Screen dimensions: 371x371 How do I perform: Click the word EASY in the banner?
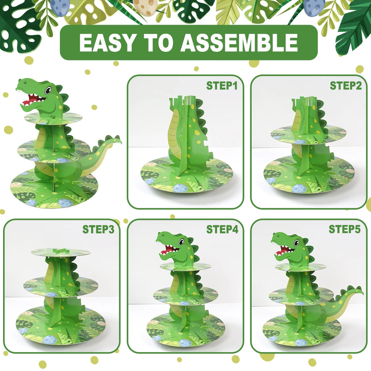[107, 43]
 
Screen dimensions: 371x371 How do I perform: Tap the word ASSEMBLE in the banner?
[239, 43]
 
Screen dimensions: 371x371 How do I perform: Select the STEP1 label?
[222, 86]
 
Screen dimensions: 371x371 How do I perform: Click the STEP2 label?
[346, 86]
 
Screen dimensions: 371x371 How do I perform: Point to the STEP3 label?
[98, 229]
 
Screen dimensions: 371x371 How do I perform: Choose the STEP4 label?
[222, 229]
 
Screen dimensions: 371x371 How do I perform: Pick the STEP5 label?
[345, 229]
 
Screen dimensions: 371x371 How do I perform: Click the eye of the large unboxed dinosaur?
[48, 90]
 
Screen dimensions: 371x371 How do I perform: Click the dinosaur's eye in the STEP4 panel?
[181, 242]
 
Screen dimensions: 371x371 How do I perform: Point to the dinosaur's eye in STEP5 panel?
[296, 243]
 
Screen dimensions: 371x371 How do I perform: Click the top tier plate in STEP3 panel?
[61, 253]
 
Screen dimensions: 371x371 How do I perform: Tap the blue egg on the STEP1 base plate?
[179, 188]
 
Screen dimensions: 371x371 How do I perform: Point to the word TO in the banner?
[158, 43]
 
